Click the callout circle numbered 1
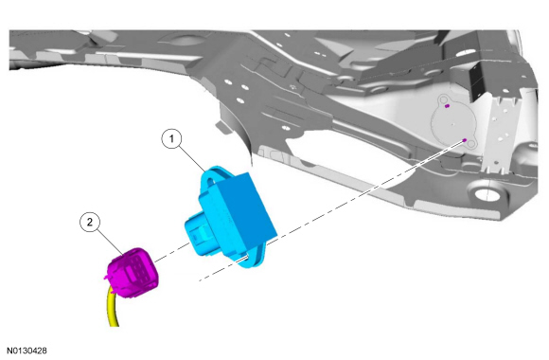[x=171, y=139]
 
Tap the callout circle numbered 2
[x=90, y=222]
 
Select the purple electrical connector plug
[x=133, y=272]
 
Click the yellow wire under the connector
[x=113, y=309]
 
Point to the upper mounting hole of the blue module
[x=210, y=182]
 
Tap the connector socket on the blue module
[x=199, y=236]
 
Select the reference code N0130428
[x=27, y=351]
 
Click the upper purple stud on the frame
[x=447, y=105]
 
